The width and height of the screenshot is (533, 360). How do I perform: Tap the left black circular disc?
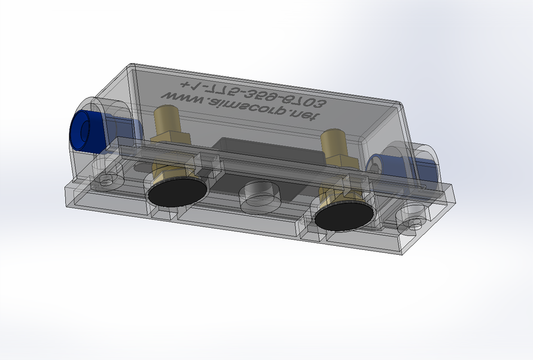[177, 192]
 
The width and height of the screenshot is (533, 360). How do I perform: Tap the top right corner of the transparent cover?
[400, 105]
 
